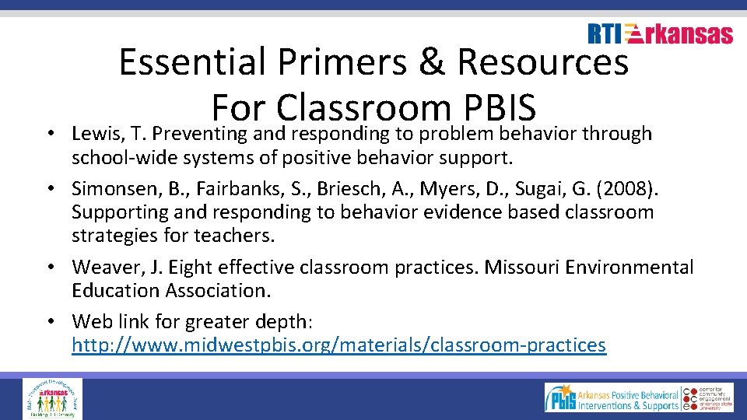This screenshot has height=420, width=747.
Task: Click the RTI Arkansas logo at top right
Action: (x=660, y=33)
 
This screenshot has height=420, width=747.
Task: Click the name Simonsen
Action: (x=114, y=189)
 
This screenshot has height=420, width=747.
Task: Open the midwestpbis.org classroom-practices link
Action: (x=338, y=345)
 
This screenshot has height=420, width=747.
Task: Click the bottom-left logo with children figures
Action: (x=52, y=397)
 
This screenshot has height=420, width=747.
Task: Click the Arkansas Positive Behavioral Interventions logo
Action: (x=612, y=397)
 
